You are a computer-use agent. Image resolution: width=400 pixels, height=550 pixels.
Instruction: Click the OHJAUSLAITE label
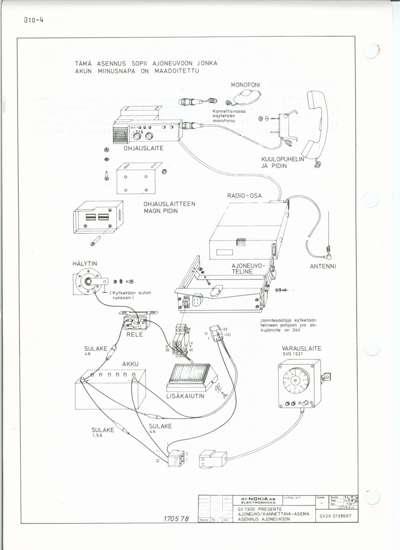point(144,149)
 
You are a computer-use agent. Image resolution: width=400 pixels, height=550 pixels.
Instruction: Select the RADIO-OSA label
point(245,196)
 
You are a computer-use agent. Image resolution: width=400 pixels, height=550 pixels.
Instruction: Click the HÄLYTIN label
point(85,264)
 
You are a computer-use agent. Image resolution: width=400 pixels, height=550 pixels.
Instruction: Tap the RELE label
point(134,335)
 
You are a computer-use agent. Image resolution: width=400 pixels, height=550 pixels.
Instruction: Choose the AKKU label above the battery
point(130,364)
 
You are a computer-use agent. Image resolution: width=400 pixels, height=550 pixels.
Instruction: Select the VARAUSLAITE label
point(301,348)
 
